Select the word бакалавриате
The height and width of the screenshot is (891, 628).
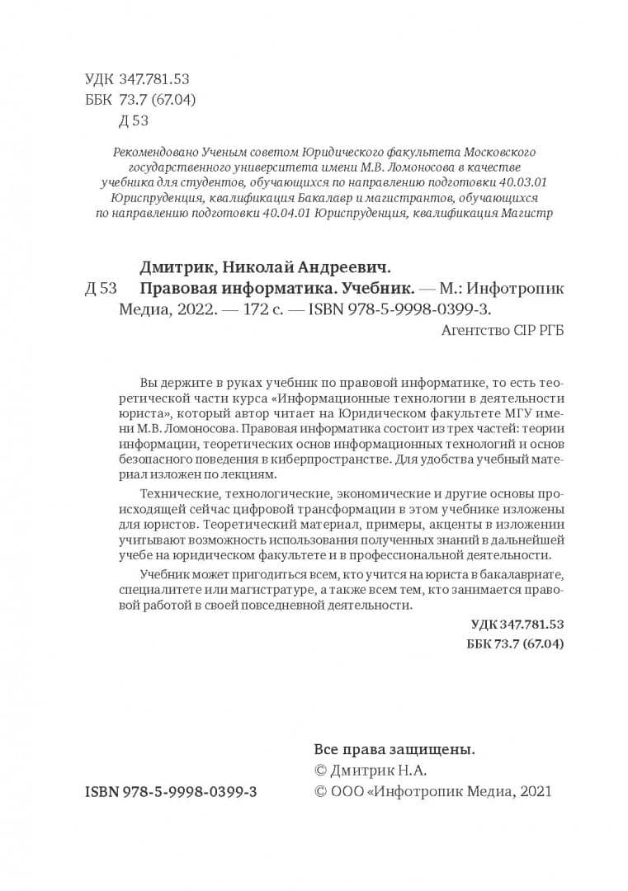[524, 574]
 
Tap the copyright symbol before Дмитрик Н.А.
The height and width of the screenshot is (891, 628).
[321, 771]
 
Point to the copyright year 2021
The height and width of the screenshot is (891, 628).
[533, 791]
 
